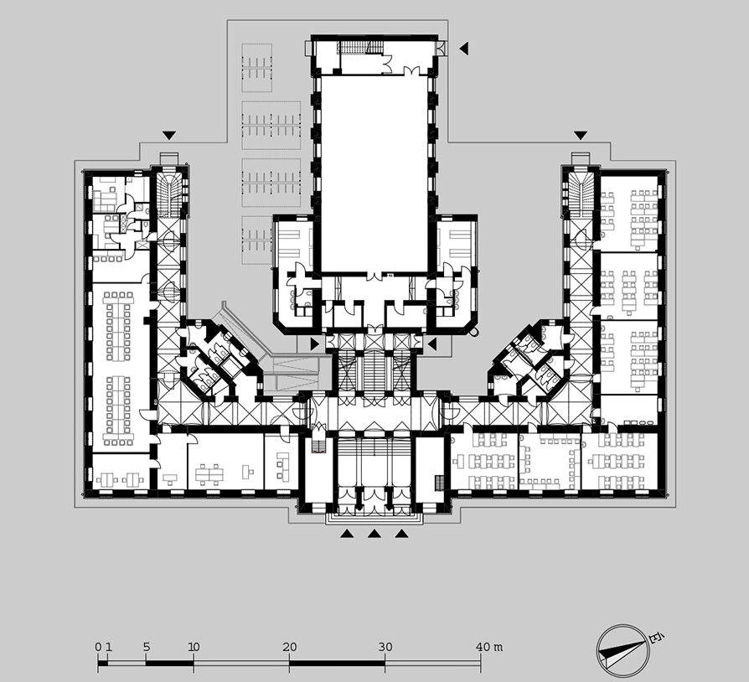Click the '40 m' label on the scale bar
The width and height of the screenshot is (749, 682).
click(489, 647)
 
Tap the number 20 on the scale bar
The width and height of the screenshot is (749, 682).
click(290, 647)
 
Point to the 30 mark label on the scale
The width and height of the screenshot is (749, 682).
click(385, 647)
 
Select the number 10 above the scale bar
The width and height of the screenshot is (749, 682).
click(194, 647)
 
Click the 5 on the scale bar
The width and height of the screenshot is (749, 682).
click(146, 647)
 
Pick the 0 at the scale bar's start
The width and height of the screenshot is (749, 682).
click(98, 647)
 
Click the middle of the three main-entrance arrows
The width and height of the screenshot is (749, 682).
click(374, 534)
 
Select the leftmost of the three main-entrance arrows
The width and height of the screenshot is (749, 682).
click(348, 534)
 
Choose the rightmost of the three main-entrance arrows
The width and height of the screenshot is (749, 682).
click(401, 534)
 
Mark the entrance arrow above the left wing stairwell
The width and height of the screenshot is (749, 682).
click(168, 136)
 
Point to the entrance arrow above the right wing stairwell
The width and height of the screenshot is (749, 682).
click(581, 136)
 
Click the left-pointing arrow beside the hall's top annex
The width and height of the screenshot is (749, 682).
click(464, 49)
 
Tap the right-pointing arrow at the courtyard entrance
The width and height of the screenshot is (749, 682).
click(314, 344)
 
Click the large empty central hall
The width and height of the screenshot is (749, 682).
click(374, 174)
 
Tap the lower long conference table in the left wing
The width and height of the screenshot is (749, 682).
click(118, 410)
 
